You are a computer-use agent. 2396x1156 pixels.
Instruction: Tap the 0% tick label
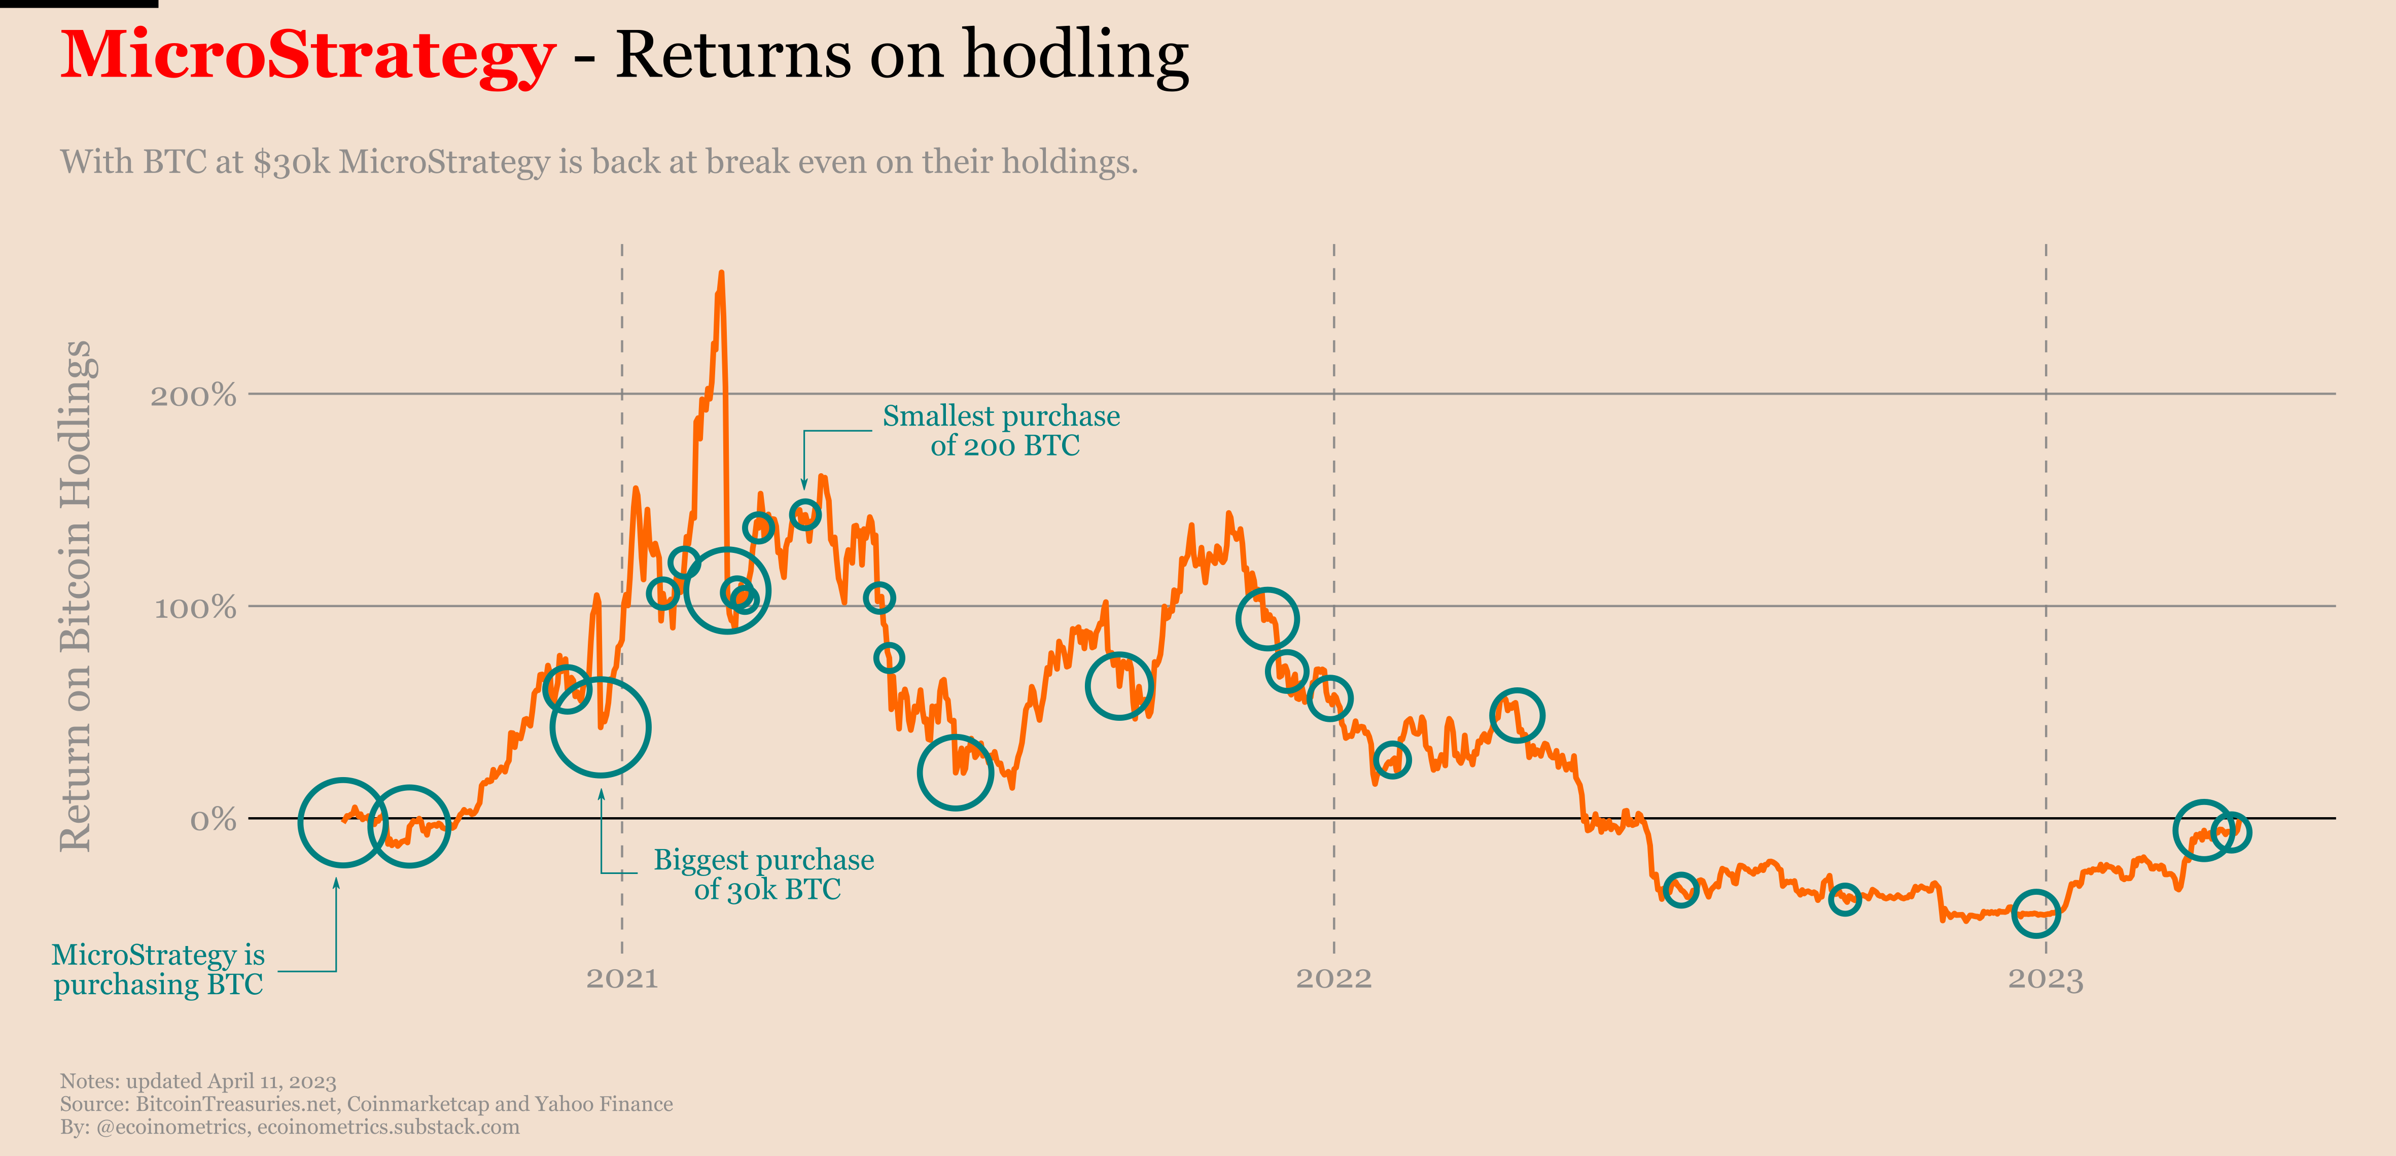(213, 820)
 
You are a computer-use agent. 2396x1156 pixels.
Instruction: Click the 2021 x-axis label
(621, 978)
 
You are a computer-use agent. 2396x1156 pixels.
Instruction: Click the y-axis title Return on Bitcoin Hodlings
(76, 595)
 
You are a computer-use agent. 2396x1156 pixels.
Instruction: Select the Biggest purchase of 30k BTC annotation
(764, 874)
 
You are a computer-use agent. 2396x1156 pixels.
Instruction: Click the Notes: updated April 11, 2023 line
(198, 1080)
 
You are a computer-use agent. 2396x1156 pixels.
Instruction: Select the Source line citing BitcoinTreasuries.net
(366, 1104)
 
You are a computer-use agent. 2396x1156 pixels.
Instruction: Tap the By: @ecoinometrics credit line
(289, 1127)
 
